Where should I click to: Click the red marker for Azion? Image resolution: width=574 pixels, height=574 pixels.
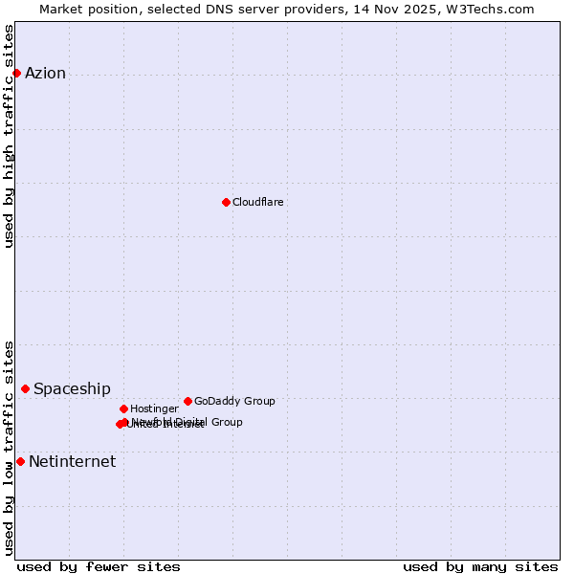pyautogui.click(x=16, y=73)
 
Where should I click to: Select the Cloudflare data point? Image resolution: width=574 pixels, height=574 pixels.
pyautogui.click(x=226, y=202)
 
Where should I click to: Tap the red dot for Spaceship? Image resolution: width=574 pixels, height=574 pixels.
pyautogui.click(x=25, y=388)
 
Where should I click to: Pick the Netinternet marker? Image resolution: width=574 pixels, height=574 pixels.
pyautogui.click(x=20, y=461)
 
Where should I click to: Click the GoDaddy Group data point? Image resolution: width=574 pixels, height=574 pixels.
pyautogui.click(x=188, y=401)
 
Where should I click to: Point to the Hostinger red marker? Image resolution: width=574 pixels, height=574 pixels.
pyautogui.click(x=123, y=408)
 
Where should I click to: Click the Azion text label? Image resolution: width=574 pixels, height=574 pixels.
pyautogui.click(x=45, y=74)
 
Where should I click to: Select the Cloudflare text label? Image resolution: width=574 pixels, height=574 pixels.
pyautogui.click(x=257, y=203)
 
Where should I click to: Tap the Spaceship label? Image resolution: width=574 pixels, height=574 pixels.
pyautogui.click(x=72, y=389)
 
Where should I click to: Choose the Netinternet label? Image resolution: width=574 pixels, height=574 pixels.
pyautogui.click(x=72, y=462)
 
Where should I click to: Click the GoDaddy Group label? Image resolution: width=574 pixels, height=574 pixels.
pyautogui.click(x=234, y=402)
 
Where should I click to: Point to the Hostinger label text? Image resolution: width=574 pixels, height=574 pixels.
pyautogui.click(x=154, y=409)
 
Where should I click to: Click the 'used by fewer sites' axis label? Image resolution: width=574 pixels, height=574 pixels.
pyautogui.click(x=99, y=566)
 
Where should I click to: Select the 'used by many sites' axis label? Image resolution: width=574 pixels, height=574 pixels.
pyautogui.click(x=480, y=566)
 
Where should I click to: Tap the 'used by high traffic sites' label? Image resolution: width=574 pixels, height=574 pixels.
pyautogui.click(x=10, y=136)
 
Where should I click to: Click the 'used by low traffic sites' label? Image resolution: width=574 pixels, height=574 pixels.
pyautogui.click(x=10, y=447)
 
